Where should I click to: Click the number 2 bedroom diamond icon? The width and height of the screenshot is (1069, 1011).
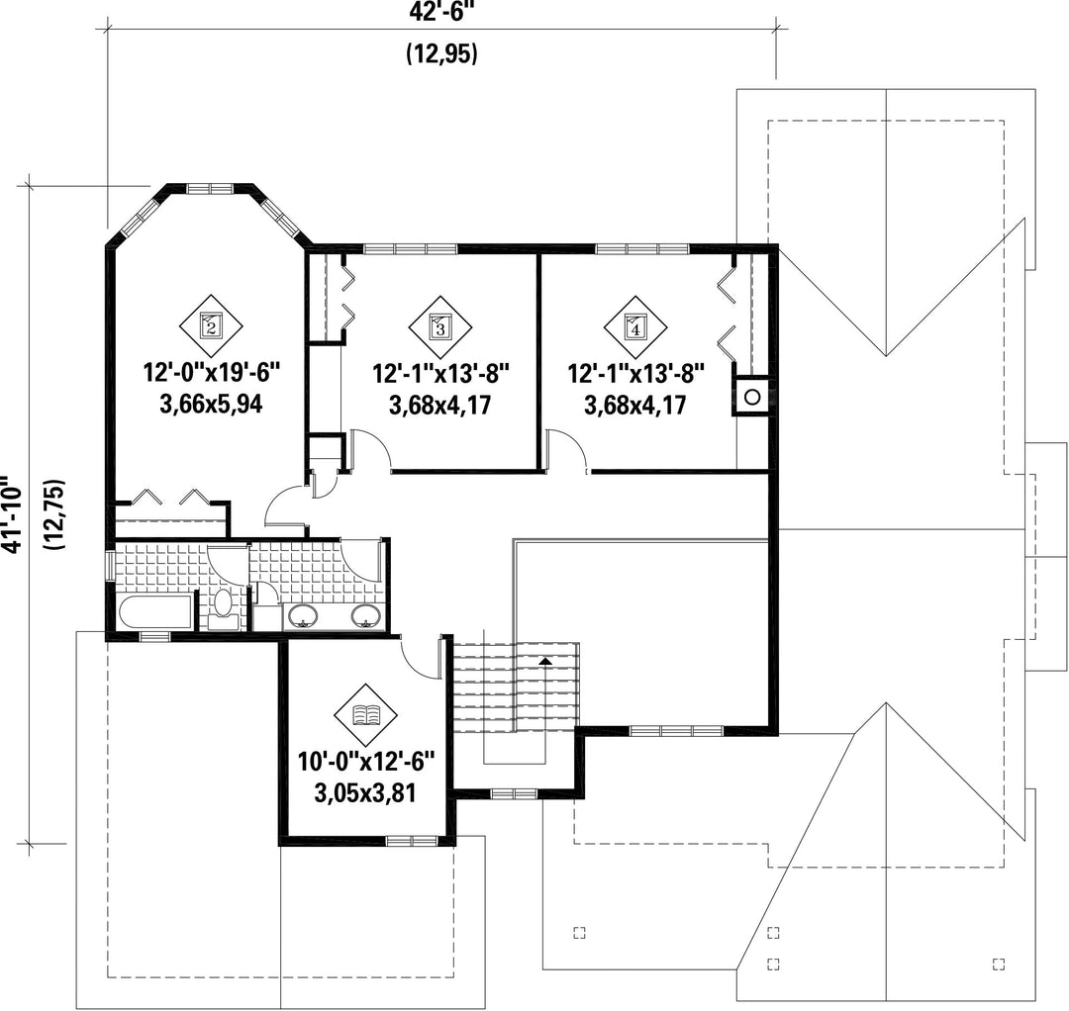click(x=211, y=327)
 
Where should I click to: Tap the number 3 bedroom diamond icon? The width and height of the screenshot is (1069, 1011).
click(x=440, y=327)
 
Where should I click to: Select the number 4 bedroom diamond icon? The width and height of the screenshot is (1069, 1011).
click(x=635, y=327)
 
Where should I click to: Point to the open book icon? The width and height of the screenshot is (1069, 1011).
click(x=366, y=715)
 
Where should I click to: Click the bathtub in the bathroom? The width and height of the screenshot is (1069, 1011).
click(x=155, y=611)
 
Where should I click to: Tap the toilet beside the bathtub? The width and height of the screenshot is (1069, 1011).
click(x=223, y=609)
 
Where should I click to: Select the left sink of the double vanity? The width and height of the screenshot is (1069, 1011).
click(x=302, y=615)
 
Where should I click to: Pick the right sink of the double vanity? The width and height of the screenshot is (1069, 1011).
click(x=365, y=615)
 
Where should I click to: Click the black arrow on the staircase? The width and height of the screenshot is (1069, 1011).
click(x=544, y=661)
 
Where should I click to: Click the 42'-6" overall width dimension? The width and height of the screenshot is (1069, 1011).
click(x=441, y=12)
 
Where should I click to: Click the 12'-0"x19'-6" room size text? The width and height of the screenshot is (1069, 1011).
click(x=212, y=373)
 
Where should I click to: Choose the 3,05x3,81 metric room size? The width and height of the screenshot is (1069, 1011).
click(x=365, y=793)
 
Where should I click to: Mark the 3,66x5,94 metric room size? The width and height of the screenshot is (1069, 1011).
click(x=211, y=405)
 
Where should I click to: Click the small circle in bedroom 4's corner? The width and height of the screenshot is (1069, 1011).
click(x=752, y=397)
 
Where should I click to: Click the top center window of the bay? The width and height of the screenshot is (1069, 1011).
click(x=210, y=188)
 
